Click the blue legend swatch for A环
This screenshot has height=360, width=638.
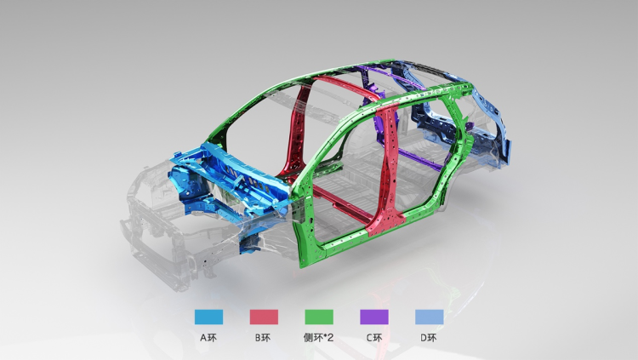coord(208,317)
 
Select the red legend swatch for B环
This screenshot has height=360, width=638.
coord(264,317)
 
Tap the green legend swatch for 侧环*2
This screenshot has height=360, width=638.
coord(319,317)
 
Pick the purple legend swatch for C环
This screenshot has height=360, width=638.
coord(374,317)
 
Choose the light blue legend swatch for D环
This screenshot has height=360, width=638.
coord(430,317)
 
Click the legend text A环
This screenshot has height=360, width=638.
coord(208,338)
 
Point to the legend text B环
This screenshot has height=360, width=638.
coord(263,338)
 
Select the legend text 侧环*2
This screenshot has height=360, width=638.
coord(319,338)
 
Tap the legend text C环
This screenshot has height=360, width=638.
coord(374,338)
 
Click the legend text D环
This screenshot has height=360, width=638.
coord(429,338)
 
